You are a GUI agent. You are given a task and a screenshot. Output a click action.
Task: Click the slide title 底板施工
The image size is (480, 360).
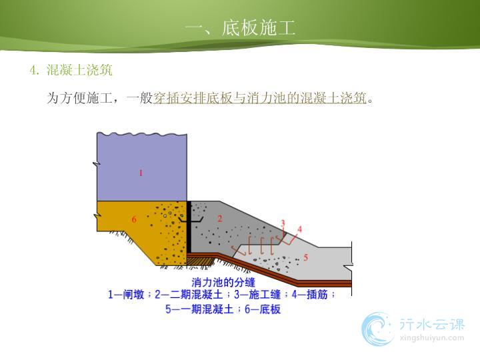[259, 27]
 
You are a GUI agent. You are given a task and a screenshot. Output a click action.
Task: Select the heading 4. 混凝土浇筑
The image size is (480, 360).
[71, 70]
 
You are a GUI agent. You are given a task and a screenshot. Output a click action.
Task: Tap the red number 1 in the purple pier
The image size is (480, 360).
[141, 173]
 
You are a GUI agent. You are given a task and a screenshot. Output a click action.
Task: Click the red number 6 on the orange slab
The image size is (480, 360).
[134, 219]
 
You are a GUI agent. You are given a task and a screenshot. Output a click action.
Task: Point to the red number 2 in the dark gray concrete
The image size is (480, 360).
[219, 219]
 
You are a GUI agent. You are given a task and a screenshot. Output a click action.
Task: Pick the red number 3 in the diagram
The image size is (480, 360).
[283, 223]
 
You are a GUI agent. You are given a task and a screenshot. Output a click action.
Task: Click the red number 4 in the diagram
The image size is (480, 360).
[299, 229]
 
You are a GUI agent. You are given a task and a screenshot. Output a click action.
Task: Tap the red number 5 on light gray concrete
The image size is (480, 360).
[305, 257]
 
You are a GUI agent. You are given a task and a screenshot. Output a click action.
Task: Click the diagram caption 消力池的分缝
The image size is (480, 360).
[223, 282]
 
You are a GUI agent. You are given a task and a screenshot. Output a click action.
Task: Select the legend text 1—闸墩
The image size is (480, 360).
[126, 295]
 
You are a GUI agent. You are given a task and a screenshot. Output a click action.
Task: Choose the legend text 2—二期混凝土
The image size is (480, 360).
[189, 295]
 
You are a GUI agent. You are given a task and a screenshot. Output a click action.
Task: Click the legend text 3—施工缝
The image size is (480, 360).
[257, 295]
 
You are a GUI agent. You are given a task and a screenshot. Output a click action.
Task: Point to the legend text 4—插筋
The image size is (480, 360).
[310, 295]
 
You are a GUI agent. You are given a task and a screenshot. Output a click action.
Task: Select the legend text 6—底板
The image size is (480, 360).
[263, 309]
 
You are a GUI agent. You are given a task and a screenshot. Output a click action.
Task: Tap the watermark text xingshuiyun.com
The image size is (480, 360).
[432, 338]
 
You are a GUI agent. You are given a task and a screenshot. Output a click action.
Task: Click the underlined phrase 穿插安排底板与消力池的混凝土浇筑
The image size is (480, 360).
[260, 98]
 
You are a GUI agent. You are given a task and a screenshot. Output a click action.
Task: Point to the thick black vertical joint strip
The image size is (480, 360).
[189, 227]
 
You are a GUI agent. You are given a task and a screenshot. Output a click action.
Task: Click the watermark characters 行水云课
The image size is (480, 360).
[432, 324]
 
